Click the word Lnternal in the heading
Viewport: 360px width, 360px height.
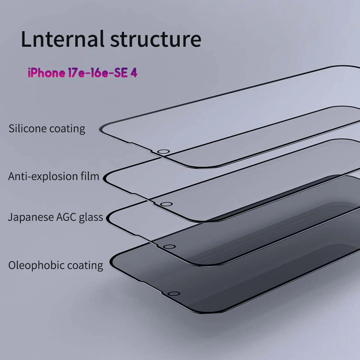pyautogui.click(x=63, y=39)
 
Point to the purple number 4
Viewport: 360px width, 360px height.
pyautogui.click(x=134, y=73)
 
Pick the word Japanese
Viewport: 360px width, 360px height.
pyautogui.click(x=31, y=217)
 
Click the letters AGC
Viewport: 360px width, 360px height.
pyautogui.click(x=66, y=217)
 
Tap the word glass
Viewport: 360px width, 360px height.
pyautogui.click(x=91, y=217)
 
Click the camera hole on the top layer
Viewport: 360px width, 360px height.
pyautogui.click(x=163, y=151)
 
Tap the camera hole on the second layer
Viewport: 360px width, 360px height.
pyautogui.click(x=166, y=204)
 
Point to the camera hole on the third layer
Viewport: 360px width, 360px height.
pyautogui.click(x=169, y=247)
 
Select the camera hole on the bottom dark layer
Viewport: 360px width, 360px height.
pyautogui.click(x=174, y=294)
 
